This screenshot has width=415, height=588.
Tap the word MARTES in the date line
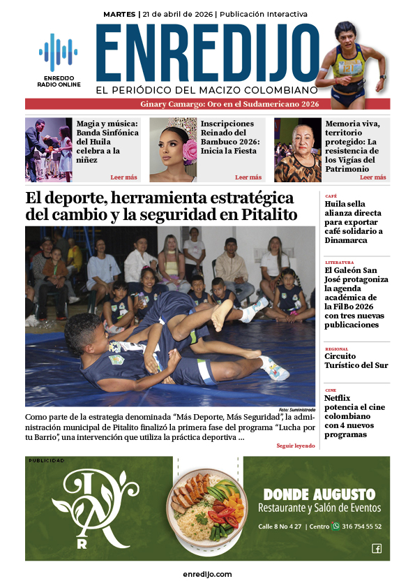(x=119, y=14)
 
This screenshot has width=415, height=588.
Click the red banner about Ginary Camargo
(x=207, y=104)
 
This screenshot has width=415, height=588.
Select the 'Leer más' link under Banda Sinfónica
(x=123, y=177)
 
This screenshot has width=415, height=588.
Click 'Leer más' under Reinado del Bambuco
(x=248, y=177)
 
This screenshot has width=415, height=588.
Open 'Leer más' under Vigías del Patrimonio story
(x=372, y=177)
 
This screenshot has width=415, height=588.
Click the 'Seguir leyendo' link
(x=295, y=446)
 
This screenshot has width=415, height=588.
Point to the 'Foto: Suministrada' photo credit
(x=297, y=409)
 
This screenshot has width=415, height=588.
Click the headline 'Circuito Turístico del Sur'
(x=356, y=360)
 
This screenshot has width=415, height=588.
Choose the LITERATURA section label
(x=339, y=263)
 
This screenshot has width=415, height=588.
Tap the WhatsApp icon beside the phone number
(x=335, y=527)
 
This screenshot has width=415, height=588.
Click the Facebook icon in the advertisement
(x=377, y=548)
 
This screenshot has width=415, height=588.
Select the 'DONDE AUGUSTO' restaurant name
(x=319, y=494)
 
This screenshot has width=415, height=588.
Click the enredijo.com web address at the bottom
(x=207, y=574)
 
